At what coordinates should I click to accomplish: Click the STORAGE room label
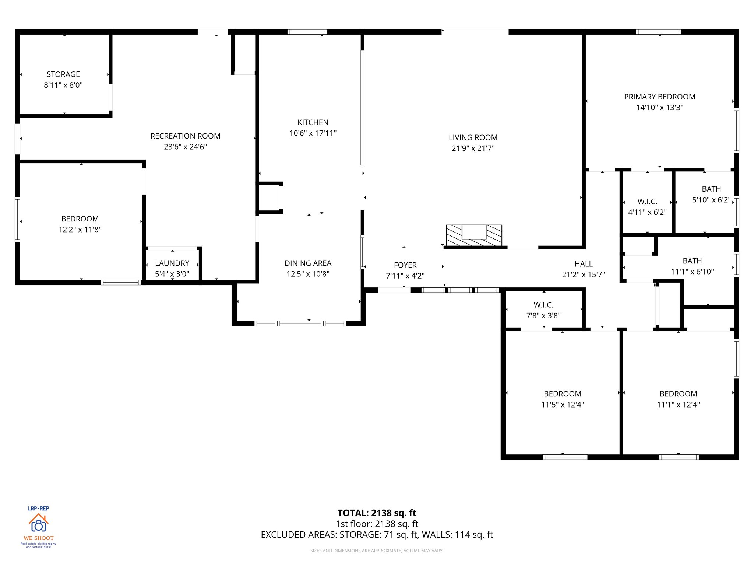point(63,74)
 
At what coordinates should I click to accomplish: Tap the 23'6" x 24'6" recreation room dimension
point(185,147)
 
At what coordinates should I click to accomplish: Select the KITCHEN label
point(313,122)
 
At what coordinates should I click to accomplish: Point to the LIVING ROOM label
point(473,137)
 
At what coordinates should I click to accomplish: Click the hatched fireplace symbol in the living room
point(474,235)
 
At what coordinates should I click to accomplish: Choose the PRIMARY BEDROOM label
point(659,97)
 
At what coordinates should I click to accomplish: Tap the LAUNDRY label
point(172,263)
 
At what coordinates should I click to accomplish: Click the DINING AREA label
point(308,263)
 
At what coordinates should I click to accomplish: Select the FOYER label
point(405,265)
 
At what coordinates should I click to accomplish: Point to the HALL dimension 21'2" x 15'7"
point(583,275)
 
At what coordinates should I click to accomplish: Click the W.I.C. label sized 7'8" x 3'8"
point(543,305)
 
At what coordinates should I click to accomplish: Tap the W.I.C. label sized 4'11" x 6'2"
point(647,202)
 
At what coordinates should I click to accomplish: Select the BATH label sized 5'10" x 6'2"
point(711,189)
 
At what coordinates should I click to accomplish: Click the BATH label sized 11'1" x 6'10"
point(692,261)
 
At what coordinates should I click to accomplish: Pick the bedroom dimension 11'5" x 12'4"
point(562,405)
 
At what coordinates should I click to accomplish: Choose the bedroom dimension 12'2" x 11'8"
point(80,230)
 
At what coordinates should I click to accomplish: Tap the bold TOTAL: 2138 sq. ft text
point(377,513)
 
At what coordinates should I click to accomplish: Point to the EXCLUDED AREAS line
point(377,534)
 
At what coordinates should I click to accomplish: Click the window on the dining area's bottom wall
point(300,324)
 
